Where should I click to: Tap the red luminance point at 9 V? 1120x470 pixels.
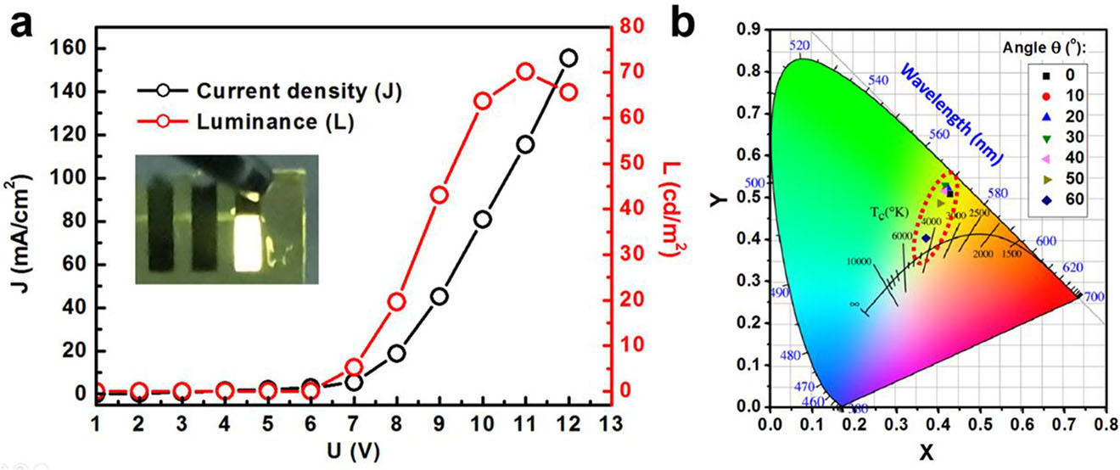(440, 195)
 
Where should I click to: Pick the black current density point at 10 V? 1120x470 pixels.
(483, 220)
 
